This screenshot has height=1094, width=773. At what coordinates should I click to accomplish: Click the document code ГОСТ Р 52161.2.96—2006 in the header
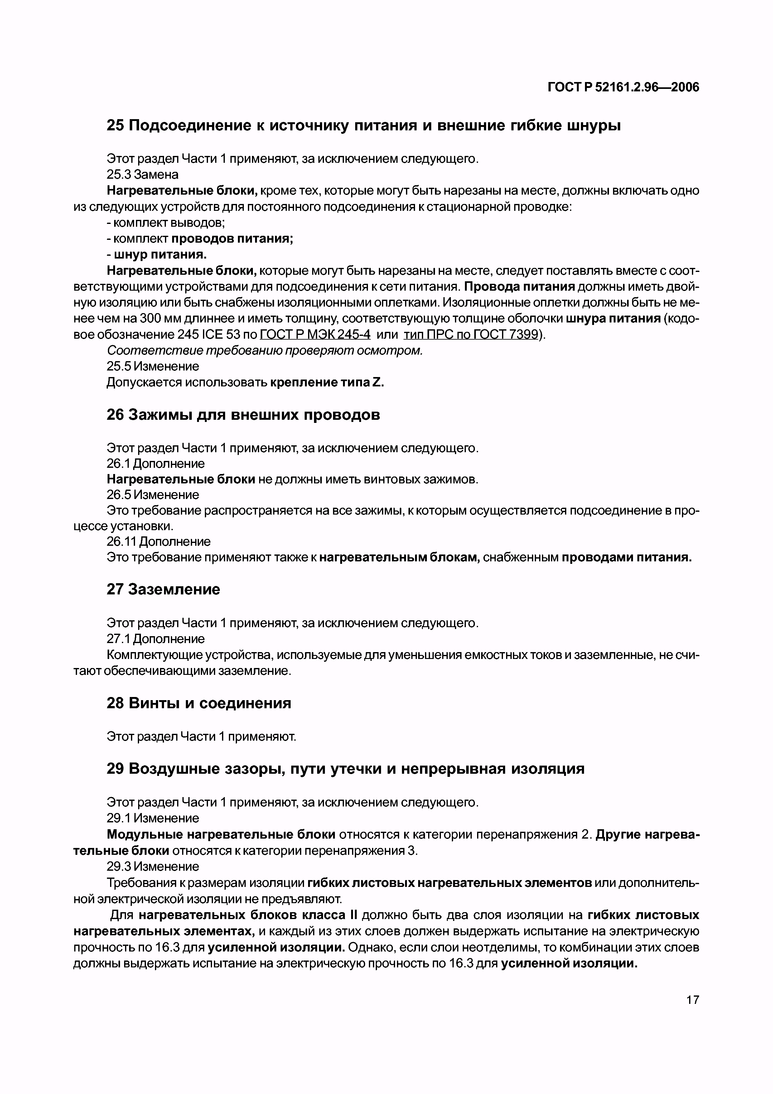click(x=623, y=87)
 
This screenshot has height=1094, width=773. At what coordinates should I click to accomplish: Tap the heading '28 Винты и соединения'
click(x=199, y=703)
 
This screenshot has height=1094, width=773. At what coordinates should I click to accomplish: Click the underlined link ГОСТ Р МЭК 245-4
click(x=315, y=335)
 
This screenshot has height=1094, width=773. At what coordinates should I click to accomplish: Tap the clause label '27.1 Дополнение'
click(x=155, y=638)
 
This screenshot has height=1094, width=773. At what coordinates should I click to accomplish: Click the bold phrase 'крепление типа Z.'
click(x=327, y=382)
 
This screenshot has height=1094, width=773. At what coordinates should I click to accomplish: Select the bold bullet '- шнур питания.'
click(x=157, y=254)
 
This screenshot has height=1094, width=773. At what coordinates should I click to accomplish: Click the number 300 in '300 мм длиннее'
click(x=153, y=318)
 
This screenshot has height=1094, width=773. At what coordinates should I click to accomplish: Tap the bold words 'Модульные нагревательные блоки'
click(x=221, y=834)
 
